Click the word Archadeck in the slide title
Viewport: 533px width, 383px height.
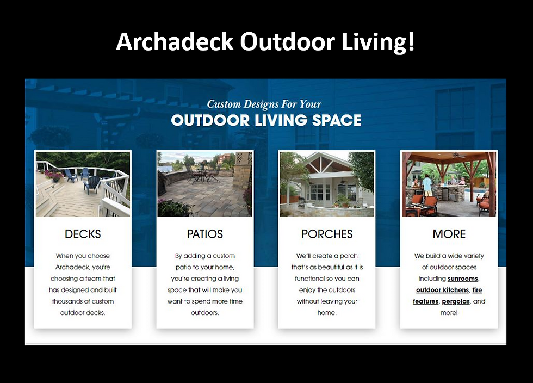[x=175, y=41]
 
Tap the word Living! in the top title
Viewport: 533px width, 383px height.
[x=378, y=41]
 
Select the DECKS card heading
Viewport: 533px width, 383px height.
[x=83, y=234]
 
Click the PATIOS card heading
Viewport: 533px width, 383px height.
[x=205, y=234]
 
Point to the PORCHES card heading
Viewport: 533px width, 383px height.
[x=327, y=234]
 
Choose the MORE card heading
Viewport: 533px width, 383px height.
[x=449, y=234]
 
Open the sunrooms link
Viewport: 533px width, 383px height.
[x=463, y=279]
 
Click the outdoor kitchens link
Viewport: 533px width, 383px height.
[x=442, y=290]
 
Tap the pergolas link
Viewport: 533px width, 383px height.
[x=456, y=301]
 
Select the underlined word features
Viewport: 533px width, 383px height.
[x=425, y=301]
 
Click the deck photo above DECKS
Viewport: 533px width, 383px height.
[x=83, y=184]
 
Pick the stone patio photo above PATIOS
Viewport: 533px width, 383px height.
[x=205, y=184]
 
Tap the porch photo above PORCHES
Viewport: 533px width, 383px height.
[x=327, y=184]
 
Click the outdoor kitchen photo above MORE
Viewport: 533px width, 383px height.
[x=449, y=184]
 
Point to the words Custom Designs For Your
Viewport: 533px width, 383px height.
[x=264, y=104]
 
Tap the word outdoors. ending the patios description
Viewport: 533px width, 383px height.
[x=204, y=313]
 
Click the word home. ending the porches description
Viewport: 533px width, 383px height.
[x=327, y=313]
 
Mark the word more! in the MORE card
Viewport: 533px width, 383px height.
[x=449, y=313]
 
